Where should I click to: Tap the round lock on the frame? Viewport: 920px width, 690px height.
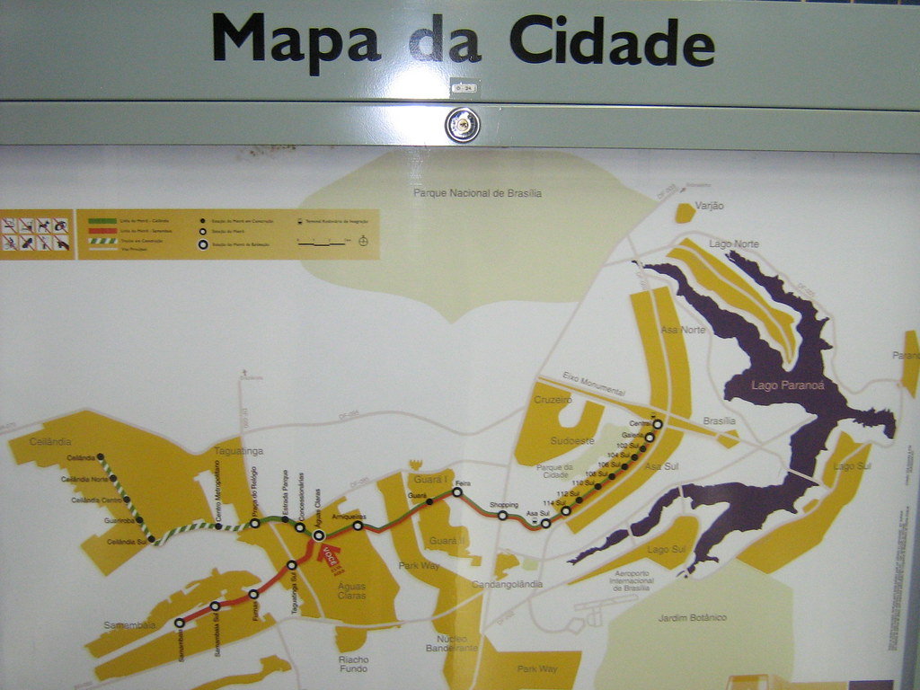pos(463,125)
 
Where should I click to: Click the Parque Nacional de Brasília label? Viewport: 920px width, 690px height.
pos(477,192)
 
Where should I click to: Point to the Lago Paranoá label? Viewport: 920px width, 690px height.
pos(774,386)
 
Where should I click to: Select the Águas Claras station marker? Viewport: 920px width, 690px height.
pos(319,535)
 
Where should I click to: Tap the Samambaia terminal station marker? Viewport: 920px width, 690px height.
pos(180,622)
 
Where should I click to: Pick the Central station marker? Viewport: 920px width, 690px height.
pos(658,423)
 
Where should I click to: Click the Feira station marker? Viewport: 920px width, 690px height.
pos(457,491)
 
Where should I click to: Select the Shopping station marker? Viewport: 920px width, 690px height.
pos(502,515)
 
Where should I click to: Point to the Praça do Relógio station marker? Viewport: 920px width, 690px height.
pos(255,522)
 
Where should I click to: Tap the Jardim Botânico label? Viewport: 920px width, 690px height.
pos(692,617)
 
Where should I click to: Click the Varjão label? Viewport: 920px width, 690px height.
pos(709,206)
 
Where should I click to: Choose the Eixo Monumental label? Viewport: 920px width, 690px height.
pos(593,384)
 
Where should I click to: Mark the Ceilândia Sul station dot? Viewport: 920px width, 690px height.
pos(151,539)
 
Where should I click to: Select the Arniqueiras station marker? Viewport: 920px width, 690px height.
pos(358,526)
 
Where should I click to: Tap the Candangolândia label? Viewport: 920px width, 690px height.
pos(509,584)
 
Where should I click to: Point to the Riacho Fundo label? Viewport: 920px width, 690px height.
pos(354,664)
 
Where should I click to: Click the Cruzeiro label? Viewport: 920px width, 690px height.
pos(553,399)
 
